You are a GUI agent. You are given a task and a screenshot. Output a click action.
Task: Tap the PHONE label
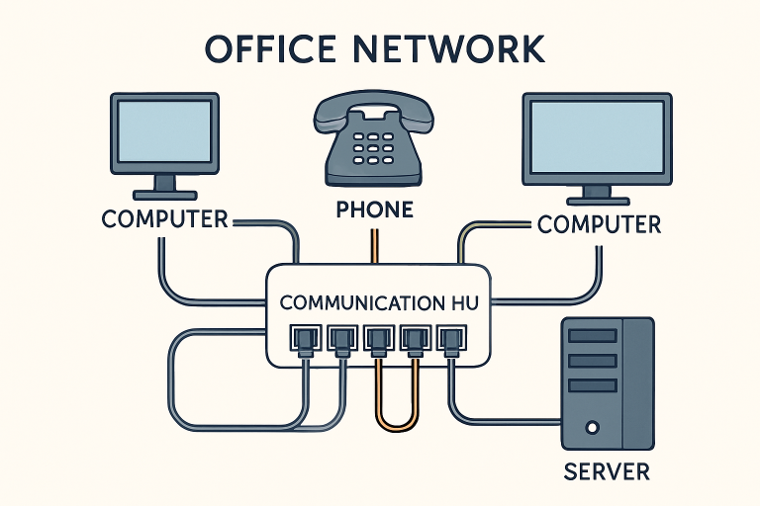click(x=374, y=210)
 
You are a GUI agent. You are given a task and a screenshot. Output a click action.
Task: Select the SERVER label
click(x=607, y=470)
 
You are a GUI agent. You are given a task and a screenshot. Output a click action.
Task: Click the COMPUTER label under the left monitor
click(x=164, y=218)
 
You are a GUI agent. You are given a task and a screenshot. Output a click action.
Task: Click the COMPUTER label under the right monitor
click(x=599, y=224)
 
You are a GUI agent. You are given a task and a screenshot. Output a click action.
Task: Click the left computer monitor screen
click(x=164, y=131)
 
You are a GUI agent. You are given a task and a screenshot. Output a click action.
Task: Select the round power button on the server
click(x=592, y=428)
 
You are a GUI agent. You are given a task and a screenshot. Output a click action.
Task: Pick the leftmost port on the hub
click(x=301, y=341)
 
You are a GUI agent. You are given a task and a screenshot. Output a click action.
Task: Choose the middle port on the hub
click(x=376, y=341)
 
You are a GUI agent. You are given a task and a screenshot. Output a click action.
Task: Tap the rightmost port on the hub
click(x=450, y=341)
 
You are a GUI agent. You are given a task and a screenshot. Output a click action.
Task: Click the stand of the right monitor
click(x=598, y=192)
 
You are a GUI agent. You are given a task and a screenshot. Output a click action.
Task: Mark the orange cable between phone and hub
click(x=373, y=247)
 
